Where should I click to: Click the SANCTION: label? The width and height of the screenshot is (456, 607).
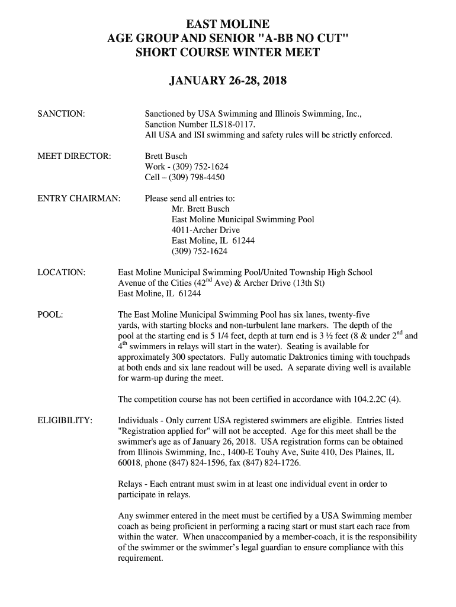pyautogui.click(x=60, y=113)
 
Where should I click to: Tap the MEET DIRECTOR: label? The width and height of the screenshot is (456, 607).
pyautogui.click(x=74, y=156)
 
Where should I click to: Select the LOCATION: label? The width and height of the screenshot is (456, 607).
pyautogui.click(x=62, y=272)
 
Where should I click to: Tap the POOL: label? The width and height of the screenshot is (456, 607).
pyautogui.click(x=50, y=314)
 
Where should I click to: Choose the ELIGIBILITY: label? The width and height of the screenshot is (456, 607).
pyautogui.click(x=65, y=420)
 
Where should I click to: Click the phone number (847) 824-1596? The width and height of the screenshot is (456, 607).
pyautogui.click(x=198, y=463)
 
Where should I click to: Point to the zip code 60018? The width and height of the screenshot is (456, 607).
pyautogui.click(x=130, y=463)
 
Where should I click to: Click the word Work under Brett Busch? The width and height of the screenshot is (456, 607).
pyautogui.click(x=155, y=167)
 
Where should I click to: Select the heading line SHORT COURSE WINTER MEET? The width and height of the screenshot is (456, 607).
pyautogui.click(x=228, y=52)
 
